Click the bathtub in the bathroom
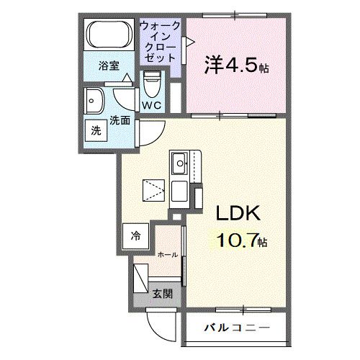click(109, 35)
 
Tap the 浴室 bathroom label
click(109, 66)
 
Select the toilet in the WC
click(152, 84)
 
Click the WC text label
click(152, 105)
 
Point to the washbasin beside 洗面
click(94, 101)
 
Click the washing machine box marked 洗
click(96, 131)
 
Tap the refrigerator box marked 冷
click(135, 236)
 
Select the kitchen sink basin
click(179, 163)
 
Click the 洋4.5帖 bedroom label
click(236, 65)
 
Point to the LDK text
click(238, 213)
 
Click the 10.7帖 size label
click(242, 240)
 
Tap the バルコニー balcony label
click(237, 328)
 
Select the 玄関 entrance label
click(163, 294)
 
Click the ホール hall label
click(168, 255)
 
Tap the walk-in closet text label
click(160, 42)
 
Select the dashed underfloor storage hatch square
click(153, 190)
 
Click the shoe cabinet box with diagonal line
click(141, 279)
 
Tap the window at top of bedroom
click(235, 16)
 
